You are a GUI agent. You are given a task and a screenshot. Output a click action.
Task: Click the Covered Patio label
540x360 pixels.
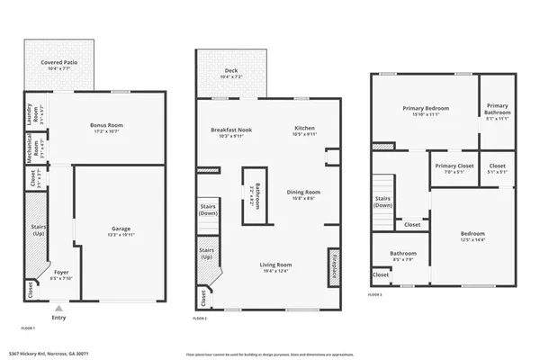(x=58, y=64)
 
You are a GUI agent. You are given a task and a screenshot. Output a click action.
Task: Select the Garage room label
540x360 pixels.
(x=121, y=230)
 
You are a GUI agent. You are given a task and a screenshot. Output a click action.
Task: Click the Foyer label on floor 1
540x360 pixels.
(x=61, y=274)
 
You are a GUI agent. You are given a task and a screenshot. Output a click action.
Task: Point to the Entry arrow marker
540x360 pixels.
(x=59, y=309)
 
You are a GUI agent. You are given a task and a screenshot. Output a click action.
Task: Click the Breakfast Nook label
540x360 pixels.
(x=231, y=131)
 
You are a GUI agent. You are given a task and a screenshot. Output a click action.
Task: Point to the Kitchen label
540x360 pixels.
(x=304, y=131)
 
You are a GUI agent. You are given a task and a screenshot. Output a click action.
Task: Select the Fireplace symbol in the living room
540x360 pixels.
(x=334, y=267)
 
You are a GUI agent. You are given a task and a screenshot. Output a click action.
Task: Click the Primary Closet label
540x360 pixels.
(x=454, y=168)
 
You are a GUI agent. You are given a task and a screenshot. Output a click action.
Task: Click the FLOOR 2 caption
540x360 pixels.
(x=200, y=319)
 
